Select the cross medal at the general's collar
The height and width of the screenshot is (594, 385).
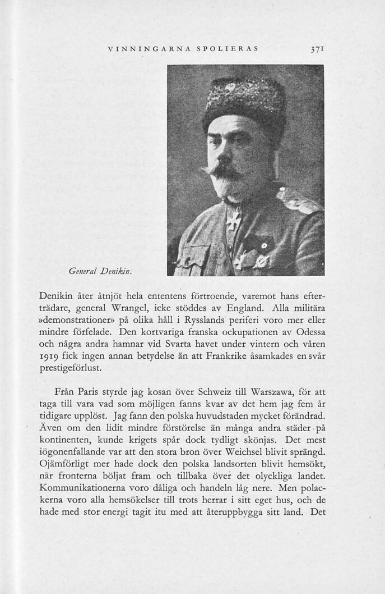pos(233,219)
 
